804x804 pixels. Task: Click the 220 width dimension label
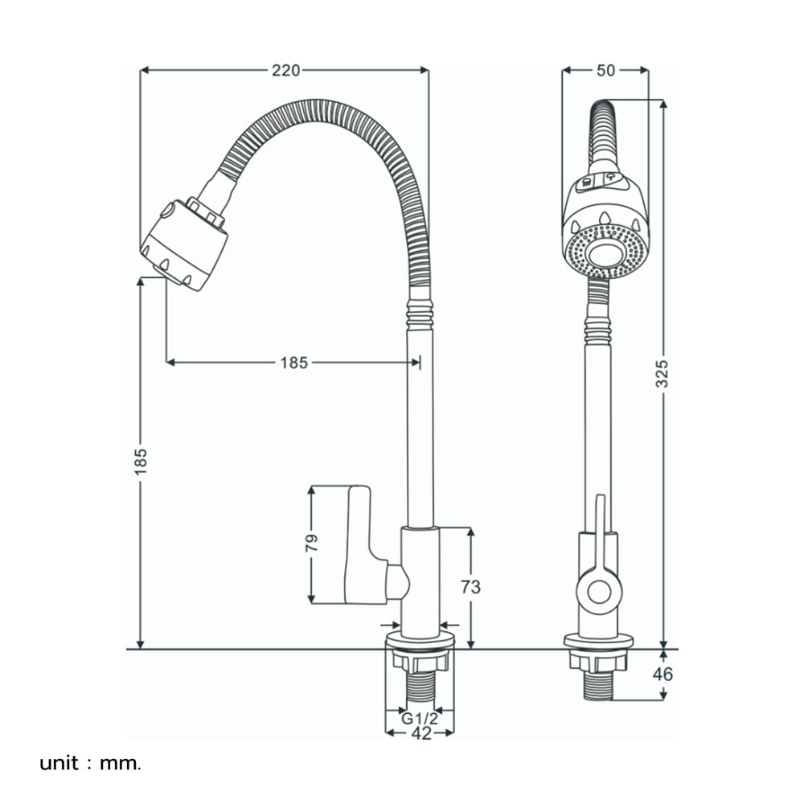[x=285, y=70]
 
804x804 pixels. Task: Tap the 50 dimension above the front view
[x=605, y=70]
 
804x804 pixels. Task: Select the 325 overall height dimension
[x=662, y=373]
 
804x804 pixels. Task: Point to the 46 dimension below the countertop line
[x=662, y=674]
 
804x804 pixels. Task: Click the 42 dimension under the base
[x=421, y=733]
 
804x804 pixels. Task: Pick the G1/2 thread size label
[x=420, y=718]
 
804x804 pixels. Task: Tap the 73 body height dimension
[x=470, y=587]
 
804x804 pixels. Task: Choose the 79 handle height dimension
[x=311, y=543]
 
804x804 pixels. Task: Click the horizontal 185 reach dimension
[x=293, y=363]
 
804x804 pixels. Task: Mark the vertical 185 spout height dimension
[x=141, y=461]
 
